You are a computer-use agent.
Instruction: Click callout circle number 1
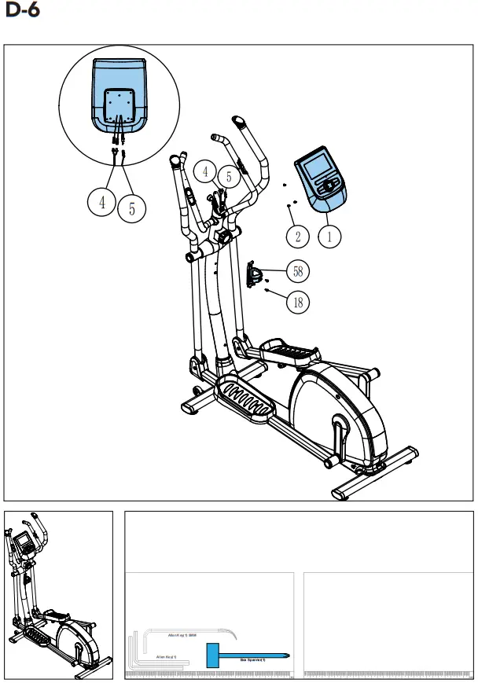pyautogui.click(x=330, y=234)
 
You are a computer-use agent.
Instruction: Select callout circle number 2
pyautogui.click(x=297, y=235)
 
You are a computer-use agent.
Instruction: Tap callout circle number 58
pyautogui.click(x=297, y=271)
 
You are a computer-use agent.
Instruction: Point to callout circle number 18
pyautogui.click(x=297, y=301)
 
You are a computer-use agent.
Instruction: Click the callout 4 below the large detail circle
pyautogui.click(x=102, y=203)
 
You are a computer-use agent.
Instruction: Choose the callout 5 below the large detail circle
pyautogui.click(x=132, y=209)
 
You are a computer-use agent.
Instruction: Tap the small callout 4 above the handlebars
pyautogui.click(x=205, y=171)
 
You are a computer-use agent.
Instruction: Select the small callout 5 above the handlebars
pyautogui.click(x=229, y=177)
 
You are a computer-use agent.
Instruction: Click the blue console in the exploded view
pyautogui.click(x=322, y=182)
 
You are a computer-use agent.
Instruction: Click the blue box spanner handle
pyautogui.click(x=213, y=655)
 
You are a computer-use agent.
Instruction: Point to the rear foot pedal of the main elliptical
pyautogui.click(x=290, y=351)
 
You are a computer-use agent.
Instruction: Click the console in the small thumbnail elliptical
pyautogui.click(x=24, y=542)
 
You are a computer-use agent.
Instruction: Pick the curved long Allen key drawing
pyautogui.click(x=189, y=630)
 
